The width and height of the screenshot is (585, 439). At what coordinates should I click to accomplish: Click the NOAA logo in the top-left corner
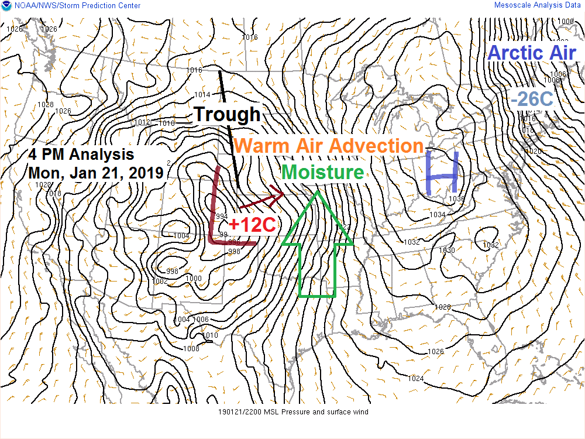5,5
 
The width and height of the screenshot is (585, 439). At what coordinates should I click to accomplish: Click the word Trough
226,114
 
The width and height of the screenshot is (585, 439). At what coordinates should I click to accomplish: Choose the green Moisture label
322,172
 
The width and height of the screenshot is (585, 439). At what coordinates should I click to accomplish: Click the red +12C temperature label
252,224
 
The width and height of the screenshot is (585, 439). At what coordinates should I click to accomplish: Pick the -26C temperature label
531,99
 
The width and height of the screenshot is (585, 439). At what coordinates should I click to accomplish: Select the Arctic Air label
532,52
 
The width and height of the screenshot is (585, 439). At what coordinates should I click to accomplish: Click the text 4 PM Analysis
81,155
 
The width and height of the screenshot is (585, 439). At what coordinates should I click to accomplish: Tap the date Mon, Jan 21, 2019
96,173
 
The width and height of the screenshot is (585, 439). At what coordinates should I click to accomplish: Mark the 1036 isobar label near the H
456,199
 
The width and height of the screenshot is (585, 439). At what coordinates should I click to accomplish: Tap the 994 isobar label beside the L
222,216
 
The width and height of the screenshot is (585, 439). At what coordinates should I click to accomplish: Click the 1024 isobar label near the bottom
415,379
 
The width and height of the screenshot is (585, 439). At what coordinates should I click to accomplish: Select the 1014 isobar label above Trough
202,94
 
